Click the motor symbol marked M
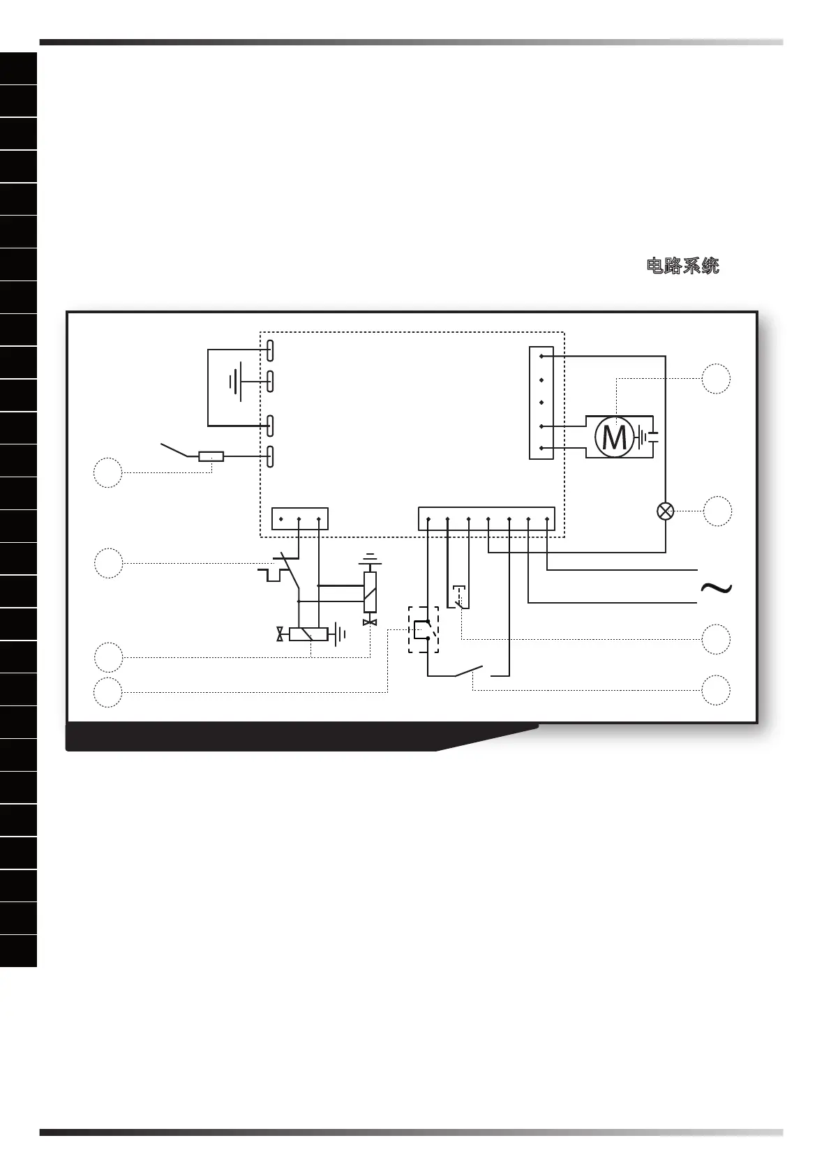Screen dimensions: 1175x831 (x=613, y=437)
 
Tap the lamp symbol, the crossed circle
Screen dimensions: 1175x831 (x=666, y=511)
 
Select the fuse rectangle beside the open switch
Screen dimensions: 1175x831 (x=211, y=457)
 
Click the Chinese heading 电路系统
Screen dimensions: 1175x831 (x=683, y=266)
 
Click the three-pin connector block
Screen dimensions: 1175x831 (x=299, y=519)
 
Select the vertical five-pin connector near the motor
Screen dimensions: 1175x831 (x=541, y=403)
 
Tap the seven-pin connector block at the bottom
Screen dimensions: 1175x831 (x=486, y=519)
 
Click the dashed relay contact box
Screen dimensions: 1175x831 (x=424, y=630)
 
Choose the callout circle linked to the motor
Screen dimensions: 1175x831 (x=716, y=379)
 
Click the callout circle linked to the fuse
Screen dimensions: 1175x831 (x=108, y=472)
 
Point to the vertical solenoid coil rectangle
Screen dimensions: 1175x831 (x=370, y=592)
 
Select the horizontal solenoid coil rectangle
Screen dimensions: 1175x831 (x=308, y=634)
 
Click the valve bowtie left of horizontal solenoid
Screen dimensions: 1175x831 (x=280, y=634)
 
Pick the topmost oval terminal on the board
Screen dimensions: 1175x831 (x=271, y=350)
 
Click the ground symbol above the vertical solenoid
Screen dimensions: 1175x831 (x=370, y=560)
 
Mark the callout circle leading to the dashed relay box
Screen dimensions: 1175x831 (x=108, y=691)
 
